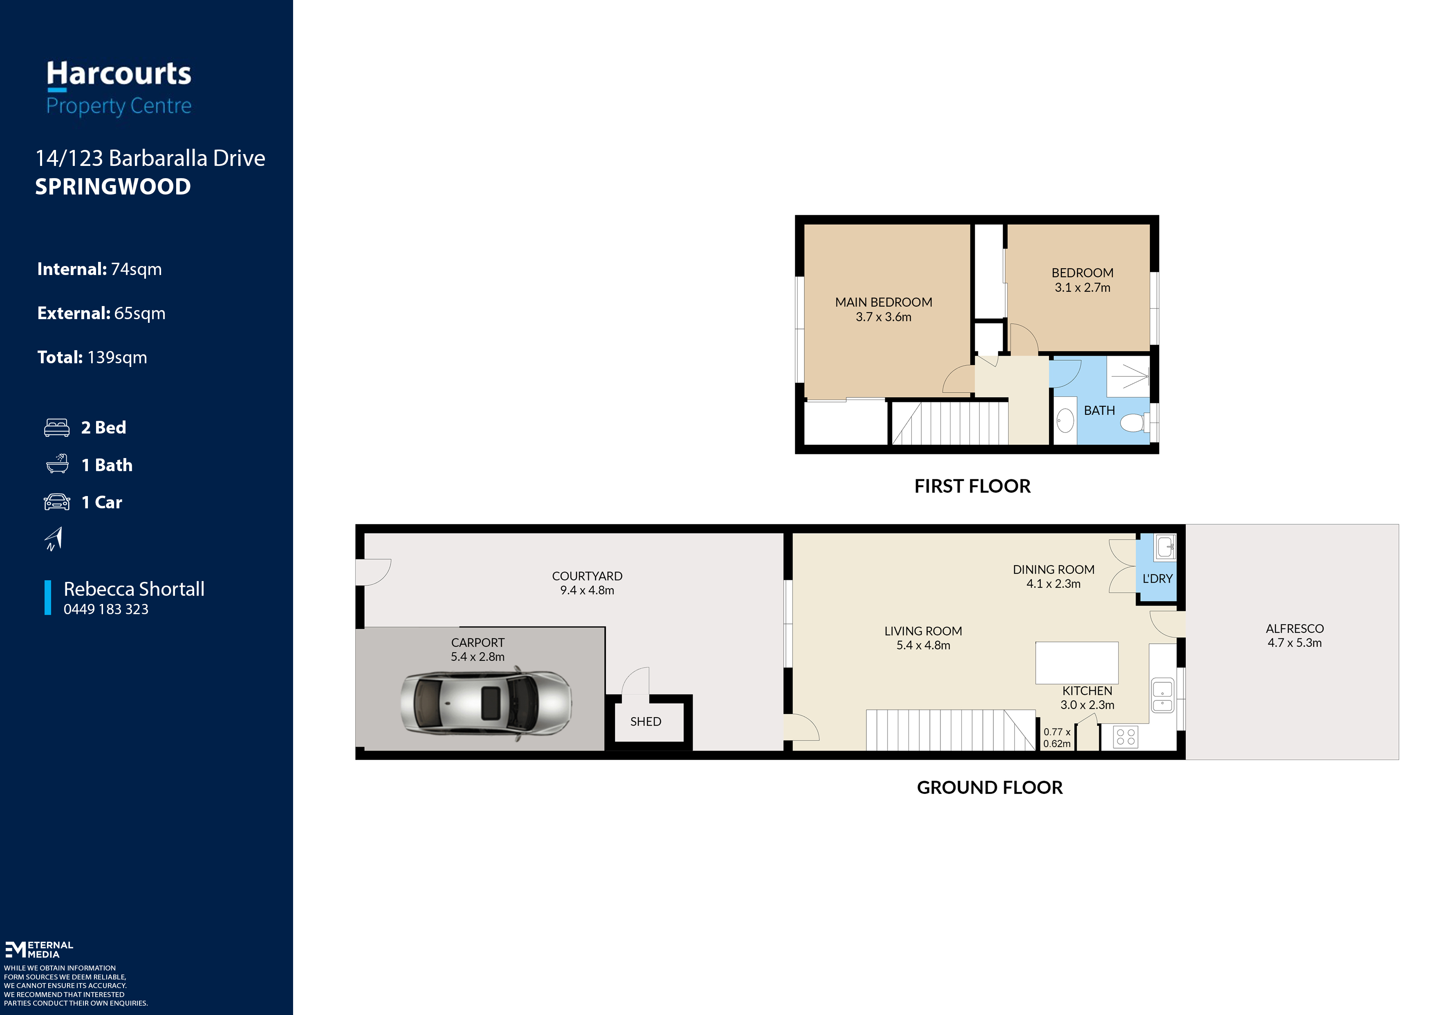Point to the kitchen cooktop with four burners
1125,736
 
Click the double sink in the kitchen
1162,695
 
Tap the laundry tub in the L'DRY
1165,547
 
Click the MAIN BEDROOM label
883,302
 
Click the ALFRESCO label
1295,629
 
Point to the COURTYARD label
587,576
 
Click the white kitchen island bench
1076,662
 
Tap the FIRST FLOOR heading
972,486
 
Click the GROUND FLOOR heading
990,787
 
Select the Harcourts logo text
119,74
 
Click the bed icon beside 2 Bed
57,427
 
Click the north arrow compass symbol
54,539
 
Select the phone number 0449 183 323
106,609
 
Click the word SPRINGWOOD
113,187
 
